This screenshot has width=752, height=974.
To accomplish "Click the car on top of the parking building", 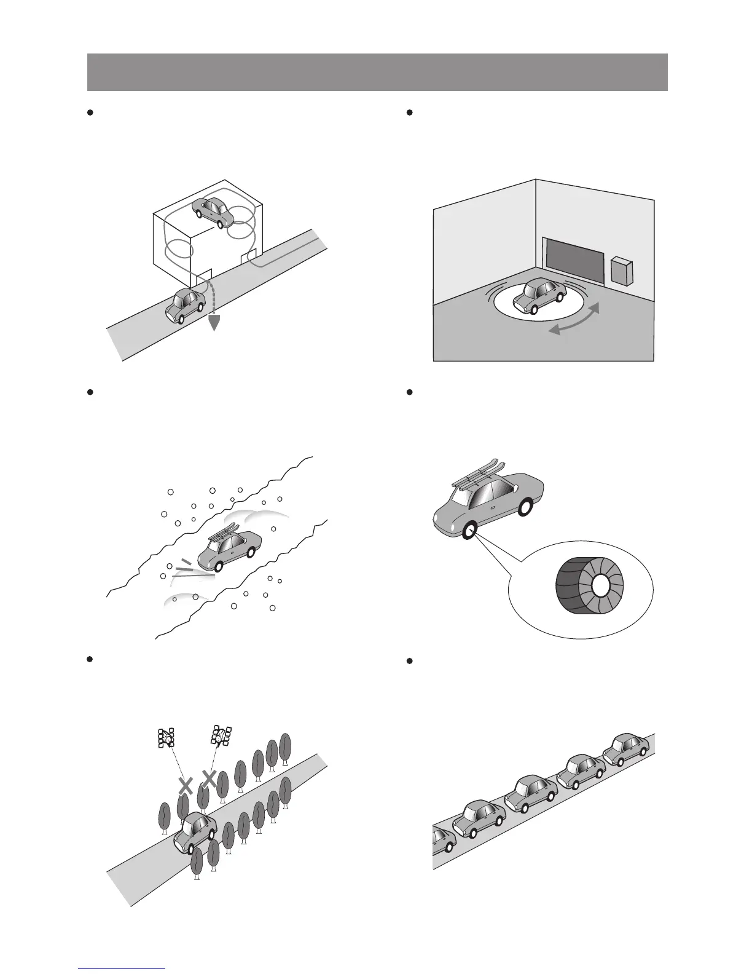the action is click(x=213, y=212).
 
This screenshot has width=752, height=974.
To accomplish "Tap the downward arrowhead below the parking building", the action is click(x=213, y=322).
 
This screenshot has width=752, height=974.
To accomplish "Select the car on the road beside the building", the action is click(x=185, y=305).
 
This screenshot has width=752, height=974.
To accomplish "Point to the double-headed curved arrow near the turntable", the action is click(x=573, y=320).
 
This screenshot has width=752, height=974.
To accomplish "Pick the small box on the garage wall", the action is click(x=622, y=271).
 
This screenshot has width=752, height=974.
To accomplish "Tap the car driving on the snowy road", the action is click(x=230, y=549).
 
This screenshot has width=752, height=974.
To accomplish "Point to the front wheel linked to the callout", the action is click(x=470, y=531).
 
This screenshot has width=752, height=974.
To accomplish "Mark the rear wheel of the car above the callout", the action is click(x=525, y=509).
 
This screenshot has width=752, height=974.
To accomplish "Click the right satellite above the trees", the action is click(x=221, y=735).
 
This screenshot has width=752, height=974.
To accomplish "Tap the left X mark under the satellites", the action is click(x=186, y=785).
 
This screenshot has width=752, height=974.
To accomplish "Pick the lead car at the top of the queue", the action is click(x=625, y=750).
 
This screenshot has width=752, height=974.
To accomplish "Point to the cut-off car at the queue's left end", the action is click(x=442, y=841).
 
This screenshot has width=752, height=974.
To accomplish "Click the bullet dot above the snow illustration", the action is click(x=90, y=391).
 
